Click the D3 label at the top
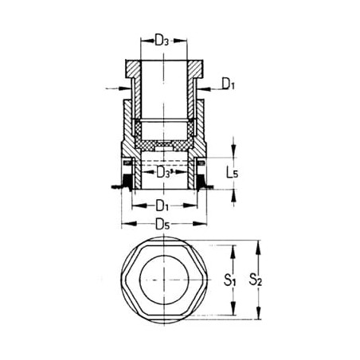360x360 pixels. click(x=162, y=41)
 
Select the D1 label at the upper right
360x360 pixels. click(x=229, y=84)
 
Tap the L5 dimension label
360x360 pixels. click(x=232, y=173)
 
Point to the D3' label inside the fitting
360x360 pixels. click(x=165, y=173)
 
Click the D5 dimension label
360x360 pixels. click(x=162, y=225)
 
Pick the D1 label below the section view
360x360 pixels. click(x=162, y=205)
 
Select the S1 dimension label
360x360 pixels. click(x=229, y=280)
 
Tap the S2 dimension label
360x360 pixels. click(x=255, y=280)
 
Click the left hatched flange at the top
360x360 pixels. click(x=133, y=69)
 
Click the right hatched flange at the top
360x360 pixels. click(x=195, y=69)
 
